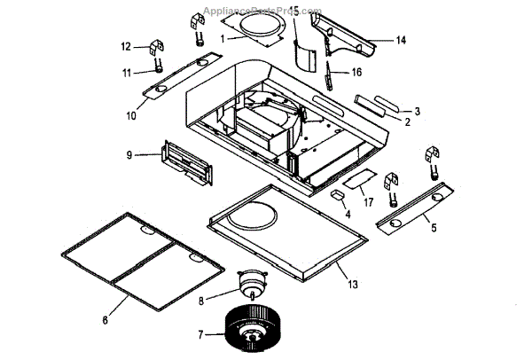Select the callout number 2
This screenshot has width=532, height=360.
pos(407,122)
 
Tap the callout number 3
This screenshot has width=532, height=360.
pos(418,110)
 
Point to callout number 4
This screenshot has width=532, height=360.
pos(348,214)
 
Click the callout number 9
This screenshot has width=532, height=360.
pos(129,154)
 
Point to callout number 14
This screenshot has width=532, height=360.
pos(400,41)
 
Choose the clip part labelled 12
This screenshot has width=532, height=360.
pos(159,46)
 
